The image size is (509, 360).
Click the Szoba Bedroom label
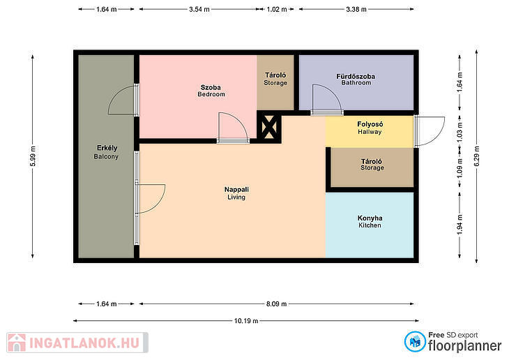[x=211, y=91]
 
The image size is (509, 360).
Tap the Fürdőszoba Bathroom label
[x=356, y=80]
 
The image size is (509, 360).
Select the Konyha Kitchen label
[x=370, y=222]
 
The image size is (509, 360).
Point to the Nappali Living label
[x=236, y=193]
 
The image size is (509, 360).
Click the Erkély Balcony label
[x=107, y=152]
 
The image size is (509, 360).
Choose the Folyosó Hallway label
[x=370, y=128]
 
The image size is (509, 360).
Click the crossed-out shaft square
[x=269, y=127]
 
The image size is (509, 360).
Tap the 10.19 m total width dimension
[x=246, y=321]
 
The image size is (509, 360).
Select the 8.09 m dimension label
[x=277, y=303]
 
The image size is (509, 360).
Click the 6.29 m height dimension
[x=476, y=156]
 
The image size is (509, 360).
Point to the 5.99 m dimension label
[x=33, y=156]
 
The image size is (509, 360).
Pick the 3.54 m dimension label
[x=199, y=10]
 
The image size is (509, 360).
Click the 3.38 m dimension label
[x=356, y=10]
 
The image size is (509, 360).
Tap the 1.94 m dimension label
[x=459, y=225]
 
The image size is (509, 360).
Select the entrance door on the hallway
[x=429, y=131]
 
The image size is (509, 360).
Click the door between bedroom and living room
[x=233, y=128]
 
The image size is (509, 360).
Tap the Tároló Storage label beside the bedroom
[x=275, y=79]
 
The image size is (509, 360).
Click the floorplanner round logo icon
[x=415, y=341]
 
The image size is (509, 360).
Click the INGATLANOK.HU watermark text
[x=84, y=343]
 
